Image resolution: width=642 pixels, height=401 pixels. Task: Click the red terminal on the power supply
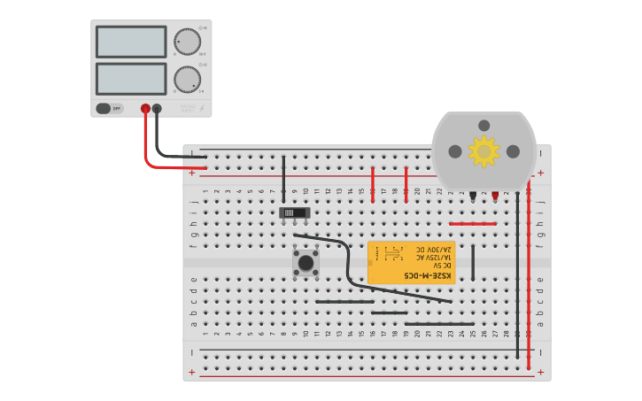145,109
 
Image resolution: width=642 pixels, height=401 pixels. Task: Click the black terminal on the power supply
157,109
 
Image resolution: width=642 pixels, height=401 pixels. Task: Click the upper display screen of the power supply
131,42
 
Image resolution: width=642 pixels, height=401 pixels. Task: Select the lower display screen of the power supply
131,79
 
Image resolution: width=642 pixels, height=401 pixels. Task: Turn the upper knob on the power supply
187,42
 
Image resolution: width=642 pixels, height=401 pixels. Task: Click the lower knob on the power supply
187,79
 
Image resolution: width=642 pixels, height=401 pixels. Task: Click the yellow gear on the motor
483,151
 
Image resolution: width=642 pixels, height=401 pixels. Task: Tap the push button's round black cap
306,262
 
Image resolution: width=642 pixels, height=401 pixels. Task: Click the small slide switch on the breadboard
295,212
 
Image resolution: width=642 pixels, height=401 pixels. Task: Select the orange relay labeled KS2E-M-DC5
411,263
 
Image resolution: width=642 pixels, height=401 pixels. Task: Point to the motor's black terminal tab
474,194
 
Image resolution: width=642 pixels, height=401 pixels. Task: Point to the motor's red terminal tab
495,194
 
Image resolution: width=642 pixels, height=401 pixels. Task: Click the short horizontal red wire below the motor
473,224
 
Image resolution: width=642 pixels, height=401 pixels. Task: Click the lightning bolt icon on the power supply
202,109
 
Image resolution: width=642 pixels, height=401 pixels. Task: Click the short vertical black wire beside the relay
473,263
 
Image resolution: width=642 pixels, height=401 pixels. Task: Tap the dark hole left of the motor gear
455,151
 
